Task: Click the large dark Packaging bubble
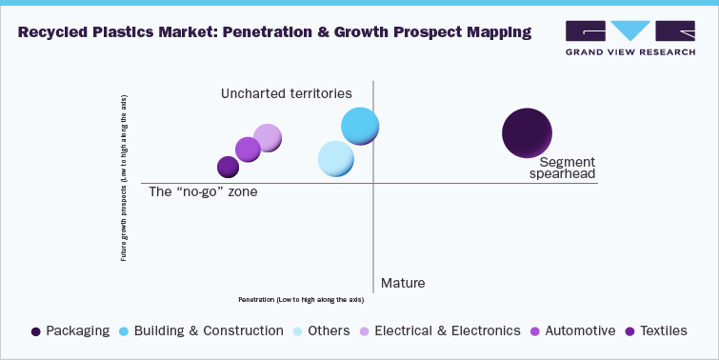pyautogui.click(x=527, y=133)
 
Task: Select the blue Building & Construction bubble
pyautogui.click(x=361, y=126)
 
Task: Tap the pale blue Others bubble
pyautogui.click(x=335, y=159)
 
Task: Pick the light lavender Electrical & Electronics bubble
pyautogui.click(x=268, y=138)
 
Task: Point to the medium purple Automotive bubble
pyautogui.click(x=248, y=150)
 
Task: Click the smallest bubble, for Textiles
pyautogui.click(x=228, y=167)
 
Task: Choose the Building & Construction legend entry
pyautogui.click(x=201, y=330)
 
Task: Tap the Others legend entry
pyautogui.click(x=319, y=330)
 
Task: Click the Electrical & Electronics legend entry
pyautogui.click(x=440, y=330)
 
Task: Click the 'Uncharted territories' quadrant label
pyautogui.click(x=287, y=93)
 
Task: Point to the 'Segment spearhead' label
pyautogui.click(x=561, y=169)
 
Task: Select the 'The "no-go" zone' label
pyautogui.click(x=204, y=191)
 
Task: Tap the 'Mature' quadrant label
pyautogui.click(x=403, y=283)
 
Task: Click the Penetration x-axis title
pyautogui.click(x=301, y=299)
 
